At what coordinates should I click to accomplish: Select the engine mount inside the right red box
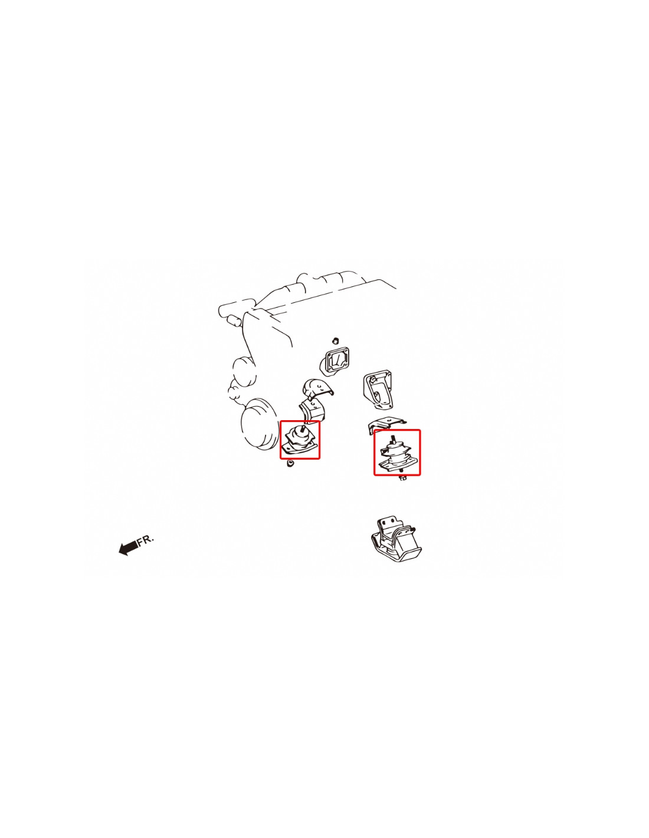396,453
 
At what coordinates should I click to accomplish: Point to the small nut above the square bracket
335,341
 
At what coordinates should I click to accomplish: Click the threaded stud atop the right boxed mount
393,440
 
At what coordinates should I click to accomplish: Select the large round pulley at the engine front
258,424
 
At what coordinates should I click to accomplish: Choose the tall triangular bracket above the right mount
378,390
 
